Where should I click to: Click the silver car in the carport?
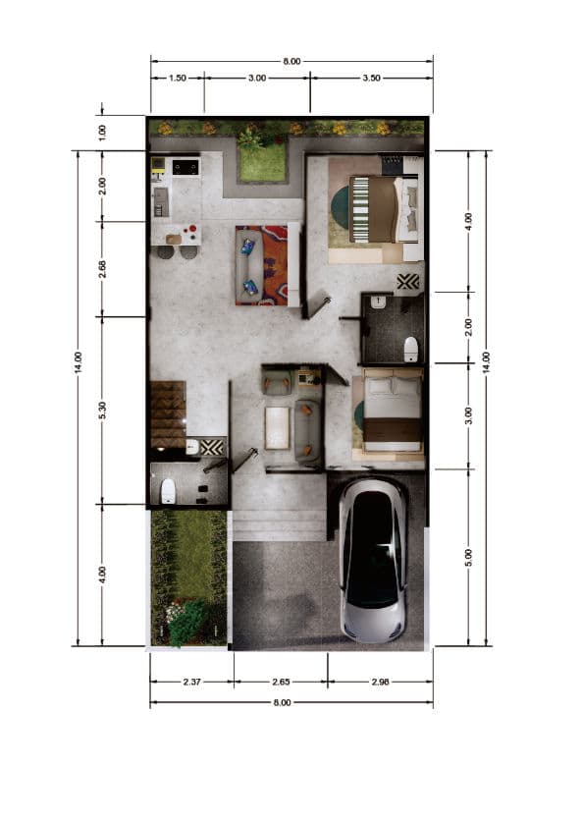pyautogui.click(x=373, y=560)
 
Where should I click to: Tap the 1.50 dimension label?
pyautogui.click(x=178, y=78)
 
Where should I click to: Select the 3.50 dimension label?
pyautogui.click(x=372, y=78)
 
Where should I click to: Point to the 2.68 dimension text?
pyautogui.click(x=104, y=268)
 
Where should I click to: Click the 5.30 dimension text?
pyautogui.click(x=104, y=411)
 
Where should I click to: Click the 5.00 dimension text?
pyautogui.click(x=469, y=557)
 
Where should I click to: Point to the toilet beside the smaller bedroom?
pyautogui.click(x=411, y=347)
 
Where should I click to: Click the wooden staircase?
pyautogui.click(x=168, y=412)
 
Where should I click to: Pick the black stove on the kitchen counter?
pyautogui.click(x=185, y=167)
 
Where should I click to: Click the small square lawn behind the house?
pyautogui.click(x=262, y=162)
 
